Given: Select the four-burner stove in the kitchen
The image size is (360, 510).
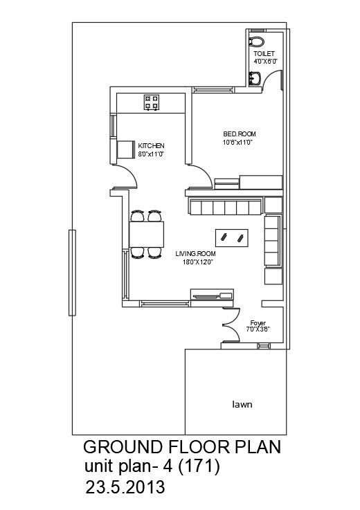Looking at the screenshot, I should click(151, 102).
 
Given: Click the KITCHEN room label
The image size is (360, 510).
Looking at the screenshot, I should click(151, 145).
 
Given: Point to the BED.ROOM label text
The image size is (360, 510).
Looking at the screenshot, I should click(237, 134).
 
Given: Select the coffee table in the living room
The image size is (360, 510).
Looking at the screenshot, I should click(232, 237).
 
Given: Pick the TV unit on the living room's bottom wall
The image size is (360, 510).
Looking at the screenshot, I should click(212, 297).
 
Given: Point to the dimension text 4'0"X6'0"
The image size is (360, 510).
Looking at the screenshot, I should click(264, 62).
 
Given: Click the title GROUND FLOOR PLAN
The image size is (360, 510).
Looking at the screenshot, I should click(181, 447).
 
